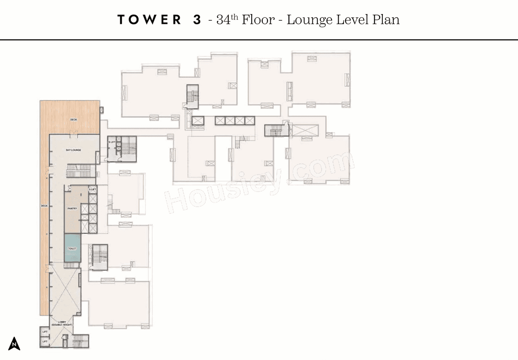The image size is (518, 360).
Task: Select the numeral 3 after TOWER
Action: [x=197, y=20]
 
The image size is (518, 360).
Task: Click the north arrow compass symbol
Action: [x=14, y=343]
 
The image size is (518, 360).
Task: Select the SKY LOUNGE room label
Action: [x=73, y=150]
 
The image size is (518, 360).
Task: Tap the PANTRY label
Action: [x=72, y=209]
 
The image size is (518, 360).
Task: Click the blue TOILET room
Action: [x=72, y=248]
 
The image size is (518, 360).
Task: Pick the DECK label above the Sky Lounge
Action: [x=73, y=120]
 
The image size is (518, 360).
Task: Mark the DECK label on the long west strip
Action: [x=44, y=206]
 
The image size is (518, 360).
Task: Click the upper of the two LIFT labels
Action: [x=45, y=332]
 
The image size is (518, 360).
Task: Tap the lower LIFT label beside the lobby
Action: [x=45, y=342]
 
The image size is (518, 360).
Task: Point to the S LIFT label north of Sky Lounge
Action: [x=112, y=142]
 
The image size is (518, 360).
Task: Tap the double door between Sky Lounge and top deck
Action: [x=74, y=133]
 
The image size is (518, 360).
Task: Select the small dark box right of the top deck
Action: [x=102, y=110]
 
